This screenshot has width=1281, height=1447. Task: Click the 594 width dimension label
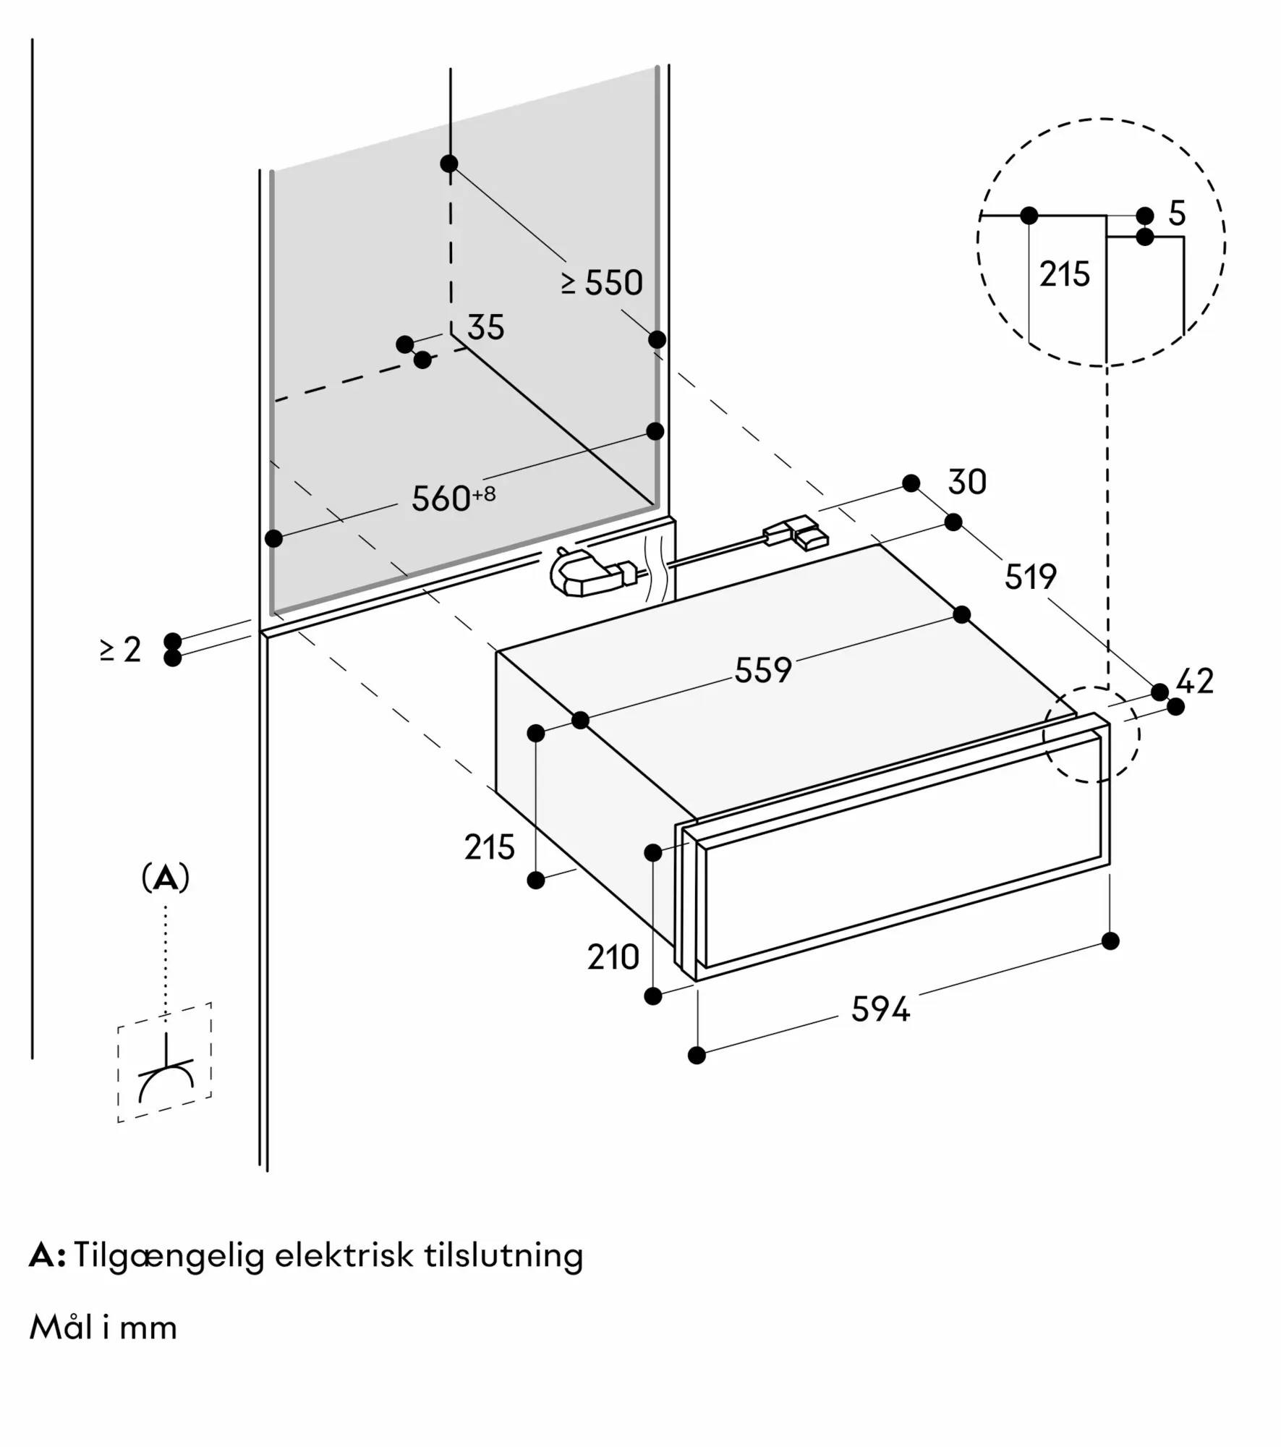[880, 1009]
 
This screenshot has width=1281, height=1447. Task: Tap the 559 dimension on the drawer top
[763, 670]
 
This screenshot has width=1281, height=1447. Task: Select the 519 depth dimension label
[1030, 577]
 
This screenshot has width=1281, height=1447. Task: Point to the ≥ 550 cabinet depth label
[602, 283]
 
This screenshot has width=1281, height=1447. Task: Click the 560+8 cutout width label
[453, 498]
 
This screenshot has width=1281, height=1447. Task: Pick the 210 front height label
[613, 958]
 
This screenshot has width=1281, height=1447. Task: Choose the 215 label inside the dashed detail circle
[1064, 275]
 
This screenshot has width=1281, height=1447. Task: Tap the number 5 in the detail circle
[1177, 213]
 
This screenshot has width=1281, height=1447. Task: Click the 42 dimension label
[1195, 682]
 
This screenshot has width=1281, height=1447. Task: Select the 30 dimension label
[966, 483]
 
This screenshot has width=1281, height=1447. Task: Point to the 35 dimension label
[485, 328]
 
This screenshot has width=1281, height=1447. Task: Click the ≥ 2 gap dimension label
[121, 650]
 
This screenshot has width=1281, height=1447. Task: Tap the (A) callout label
[166, 878]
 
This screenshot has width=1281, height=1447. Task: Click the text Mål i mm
[103, 1328]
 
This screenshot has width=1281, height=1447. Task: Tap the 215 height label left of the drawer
[489, 847]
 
